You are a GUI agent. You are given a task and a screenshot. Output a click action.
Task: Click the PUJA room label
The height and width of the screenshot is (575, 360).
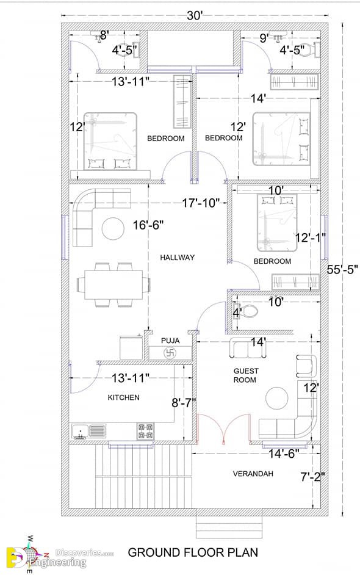170,341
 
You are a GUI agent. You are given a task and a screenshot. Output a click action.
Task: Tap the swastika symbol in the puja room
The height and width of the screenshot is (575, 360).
170,353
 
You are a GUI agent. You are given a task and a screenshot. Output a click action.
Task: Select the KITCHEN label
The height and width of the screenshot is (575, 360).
123,397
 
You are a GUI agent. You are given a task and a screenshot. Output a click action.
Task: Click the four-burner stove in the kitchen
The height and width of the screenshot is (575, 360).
146,431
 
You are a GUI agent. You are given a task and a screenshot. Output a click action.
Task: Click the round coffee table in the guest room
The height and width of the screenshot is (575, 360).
277,398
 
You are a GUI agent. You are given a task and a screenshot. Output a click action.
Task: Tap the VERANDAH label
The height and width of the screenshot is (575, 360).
253,474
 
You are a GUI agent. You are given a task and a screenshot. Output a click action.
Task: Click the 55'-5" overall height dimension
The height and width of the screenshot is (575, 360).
342,270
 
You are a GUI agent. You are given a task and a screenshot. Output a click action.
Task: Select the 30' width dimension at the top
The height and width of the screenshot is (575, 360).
195,16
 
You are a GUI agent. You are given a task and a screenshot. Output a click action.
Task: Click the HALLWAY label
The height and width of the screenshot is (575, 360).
177,258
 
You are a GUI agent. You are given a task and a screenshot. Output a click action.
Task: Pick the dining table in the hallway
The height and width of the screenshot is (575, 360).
113,284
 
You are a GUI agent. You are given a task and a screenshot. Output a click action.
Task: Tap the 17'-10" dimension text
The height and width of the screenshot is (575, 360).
201,203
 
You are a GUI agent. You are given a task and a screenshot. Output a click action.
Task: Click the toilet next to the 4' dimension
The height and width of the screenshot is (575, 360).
246,312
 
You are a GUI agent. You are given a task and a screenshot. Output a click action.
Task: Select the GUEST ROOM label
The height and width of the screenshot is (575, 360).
246,375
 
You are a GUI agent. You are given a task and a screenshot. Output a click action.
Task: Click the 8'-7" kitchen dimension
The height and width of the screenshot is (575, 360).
184,403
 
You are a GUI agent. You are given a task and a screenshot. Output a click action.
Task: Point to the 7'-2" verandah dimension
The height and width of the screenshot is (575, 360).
312,477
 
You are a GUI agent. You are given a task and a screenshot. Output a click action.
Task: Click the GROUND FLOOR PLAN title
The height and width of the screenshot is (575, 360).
193,552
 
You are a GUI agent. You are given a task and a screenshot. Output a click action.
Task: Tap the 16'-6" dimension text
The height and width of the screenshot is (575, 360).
148,225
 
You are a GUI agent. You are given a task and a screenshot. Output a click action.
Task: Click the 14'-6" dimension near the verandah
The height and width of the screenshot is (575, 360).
284,454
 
